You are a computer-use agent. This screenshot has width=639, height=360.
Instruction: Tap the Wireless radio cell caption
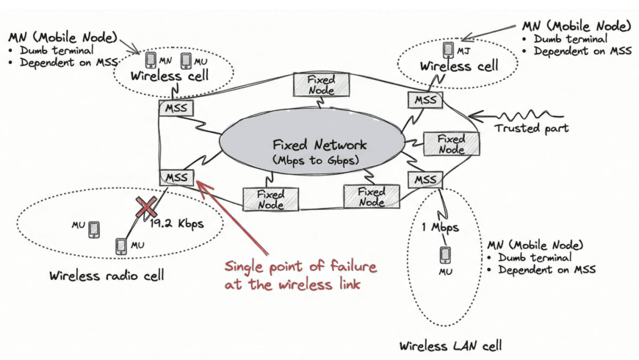tap(107, 276)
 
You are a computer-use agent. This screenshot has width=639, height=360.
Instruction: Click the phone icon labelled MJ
tap(448, 49)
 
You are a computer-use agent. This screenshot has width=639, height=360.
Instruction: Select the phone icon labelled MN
tap(151, 60)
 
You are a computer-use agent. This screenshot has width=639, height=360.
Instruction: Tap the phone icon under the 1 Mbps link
tap(444, 254)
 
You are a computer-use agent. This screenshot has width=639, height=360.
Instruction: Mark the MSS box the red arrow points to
tap(177, 178)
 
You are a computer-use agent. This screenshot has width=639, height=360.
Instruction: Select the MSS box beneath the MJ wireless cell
tap(424, 99)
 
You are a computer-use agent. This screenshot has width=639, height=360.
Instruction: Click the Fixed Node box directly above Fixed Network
tap(321, 84)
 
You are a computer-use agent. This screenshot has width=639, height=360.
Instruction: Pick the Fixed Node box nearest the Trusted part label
tap(450, 143)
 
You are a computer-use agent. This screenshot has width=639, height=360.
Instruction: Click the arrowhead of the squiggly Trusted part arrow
tap(471, 115)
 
